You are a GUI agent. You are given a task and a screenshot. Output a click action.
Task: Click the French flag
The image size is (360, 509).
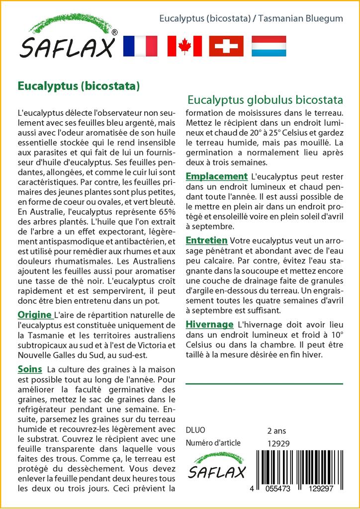(x=140, y=46)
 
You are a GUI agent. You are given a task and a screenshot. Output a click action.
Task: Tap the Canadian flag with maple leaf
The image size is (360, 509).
(x=184, y=46)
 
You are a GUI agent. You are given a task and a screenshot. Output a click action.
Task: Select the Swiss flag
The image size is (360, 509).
(x=226, y=46)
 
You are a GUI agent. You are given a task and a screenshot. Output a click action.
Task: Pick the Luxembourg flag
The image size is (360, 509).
(x=269, y=46)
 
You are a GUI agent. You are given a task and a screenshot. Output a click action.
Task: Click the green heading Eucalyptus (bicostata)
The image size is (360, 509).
(x=79, y=85)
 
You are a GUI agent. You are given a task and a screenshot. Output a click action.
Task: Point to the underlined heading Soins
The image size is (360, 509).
(x=29, y=369)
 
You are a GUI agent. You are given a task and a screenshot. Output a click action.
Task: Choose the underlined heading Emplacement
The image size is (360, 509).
(x=216, y=176)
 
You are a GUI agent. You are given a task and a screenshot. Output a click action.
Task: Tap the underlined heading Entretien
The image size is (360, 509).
(x=206, y=241)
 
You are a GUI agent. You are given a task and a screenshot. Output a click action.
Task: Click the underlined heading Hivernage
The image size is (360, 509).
(x=209, y=325)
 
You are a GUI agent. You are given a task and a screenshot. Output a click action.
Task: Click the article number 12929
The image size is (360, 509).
(x=278, y=443)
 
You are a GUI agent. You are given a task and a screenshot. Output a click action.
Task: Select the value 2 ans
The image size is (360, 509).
(x=276, y=430)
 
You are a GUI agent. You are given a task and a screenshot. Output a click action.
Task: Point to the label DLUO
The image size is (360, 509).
(x=195, y=430)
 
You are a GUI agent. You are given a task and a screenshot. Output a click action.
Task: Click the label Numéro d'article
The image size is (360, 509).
(x=213, y=443)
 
